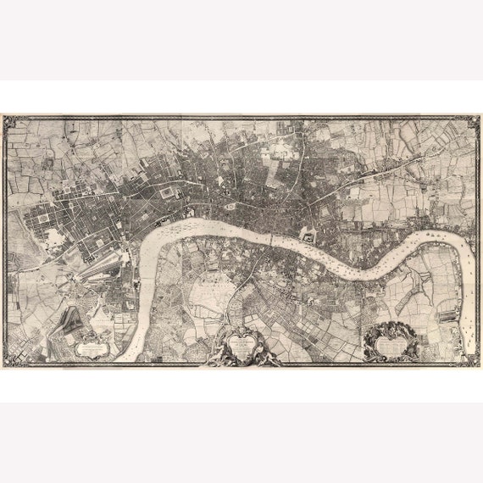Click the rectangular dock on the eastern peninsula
pos(447,315)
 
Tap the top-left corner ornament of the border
pos(11,123)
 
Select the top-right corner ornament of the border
pos(472,123)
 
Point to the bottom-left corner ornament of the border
pos(11,359)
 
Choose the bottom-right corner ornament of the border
pos(472,359)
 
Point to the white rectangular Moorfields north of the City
pos(280,153)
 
